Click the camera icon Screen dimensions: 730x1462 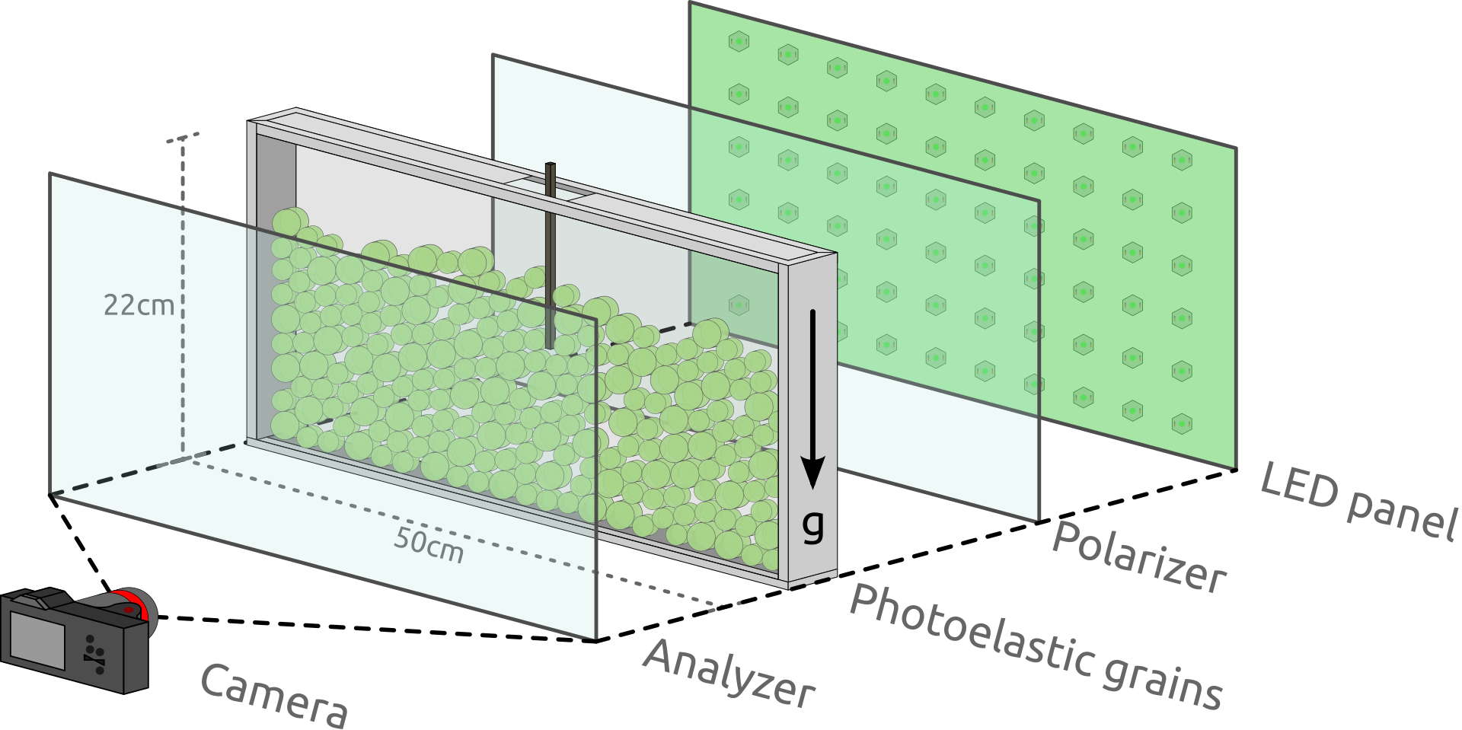coord(76,639)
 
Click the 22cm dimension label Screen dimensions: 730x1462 coord(139,305)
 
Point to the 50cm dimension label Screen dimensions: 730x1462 coord(429,544)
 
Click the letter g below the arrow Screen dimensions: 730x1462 coord(813,524)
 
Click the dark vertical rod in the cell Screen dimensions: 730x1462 coord(550,259)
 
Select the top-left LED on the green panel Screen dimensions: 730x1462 coord(739,41)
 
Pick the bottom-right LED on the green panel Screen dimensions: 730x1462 coord(1181,422)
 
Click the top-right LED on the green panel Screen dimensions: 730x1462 coord(1181,160)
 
